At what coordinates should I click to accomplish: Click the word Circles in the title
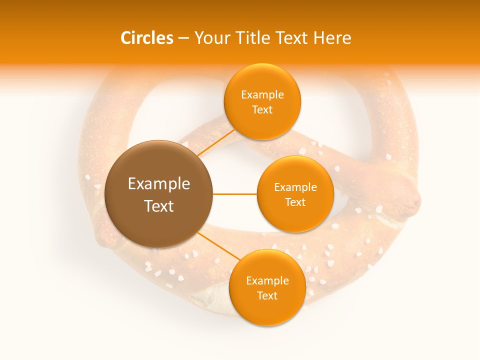pyautogui.click(x=147, y=38)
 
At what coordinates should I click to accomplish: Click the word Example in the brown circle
pyautogui.click(x=159, y=184)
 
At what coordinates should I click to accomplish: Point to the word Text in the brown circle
pyautogui.click(x=159, y=206)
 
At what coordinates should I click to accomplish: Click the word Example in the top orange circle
pyautogui.click(x=262, y=95)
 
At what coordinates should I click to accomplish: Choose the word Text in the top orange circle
pyautogui.click(x=262, y=110)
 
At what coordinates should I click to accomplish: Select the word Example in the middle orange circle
pyautogui.click(x=295, y=187)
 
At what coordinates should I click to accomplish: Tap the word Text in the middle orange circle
pyautogui.click(x=295, y=202)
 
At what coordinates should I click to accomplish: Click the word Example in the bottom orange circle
pyautogui.click(x=267, y=281)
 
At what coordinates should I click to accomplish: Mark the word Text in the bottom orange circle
pyautogui.click(x=267, y=296)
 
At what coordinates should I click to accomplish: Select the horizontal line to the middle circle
pyautogui.click(x=234, y=194)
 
